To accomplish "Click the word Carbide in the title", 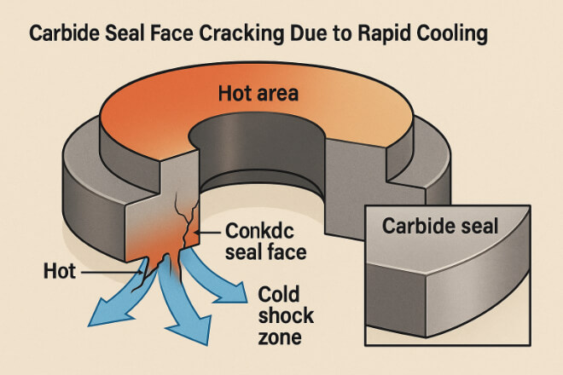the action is tap(65, 33).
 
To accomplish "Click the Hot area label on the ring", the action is tap(258, 93).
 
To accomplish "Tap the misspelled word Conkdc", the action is tap(259, 231).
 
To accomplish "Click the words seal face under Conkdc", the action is tap(265, 252).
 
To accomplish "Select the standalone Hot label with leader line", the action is tap(59, 271).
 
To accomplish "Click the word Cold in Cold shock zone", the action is tap(279, 294).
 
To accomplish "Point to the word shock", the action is tap(286, 316).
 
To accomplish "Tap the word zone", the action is tap(280, 337).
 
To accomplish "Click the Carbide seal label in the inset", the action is tap(440, 226).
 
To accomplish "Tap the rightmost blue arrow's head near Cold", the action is tap(231, 292).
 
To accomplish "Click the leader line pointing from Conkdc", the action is tap(207, 233).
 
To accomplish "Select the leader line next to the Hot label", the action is tap(111, 273).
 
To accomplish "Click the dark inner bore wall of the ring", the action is tap(257, 151).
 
